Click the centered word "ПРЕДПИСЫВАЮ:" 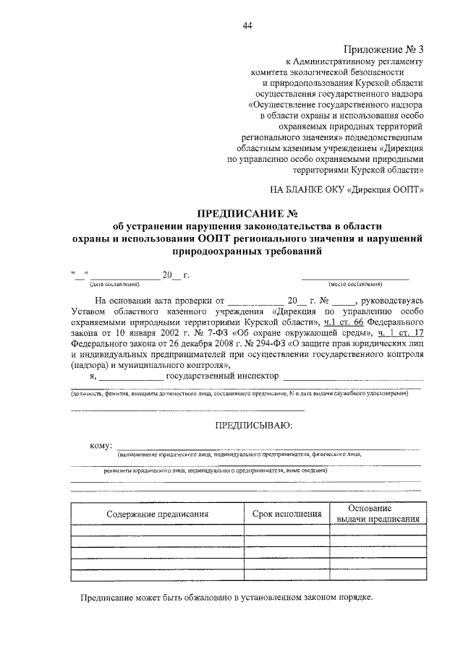248,426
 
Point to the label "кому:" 100,445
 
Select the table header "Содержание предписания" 157,515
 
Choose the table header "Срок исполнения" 286,515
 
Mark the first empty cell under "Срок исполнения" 286,530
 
